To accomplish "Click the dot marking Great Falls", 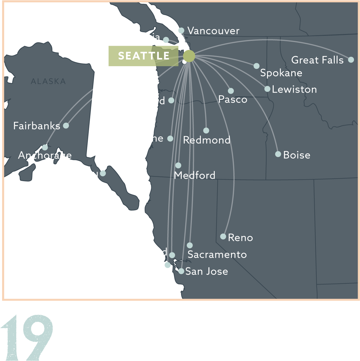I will point(351,60).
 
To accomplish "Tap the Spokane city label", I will point(281,73).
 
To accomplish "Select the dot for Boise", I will point(278,154).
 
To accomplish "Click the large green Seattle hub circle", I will point(189,56).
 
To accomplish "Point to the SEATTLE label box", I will point(143,56).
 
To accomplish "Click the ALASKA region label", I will point(48,81).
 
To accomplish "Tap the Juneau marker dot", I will point(103,173).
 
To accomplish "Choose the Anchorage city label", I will point(45,155).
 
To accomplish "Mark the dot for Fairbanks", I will point(66,125).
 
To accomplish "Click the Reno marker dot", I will point(223,236).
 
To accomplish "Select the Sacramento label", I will point(217,255).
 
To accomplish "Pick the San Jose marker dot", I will point(181,271).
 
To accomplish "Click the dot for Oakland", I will point(172,255).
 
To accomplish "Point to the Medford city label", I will point(195,175).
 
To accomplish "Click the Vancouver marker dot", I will point(181,30).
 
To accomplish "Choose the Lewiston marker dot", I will point(267,89).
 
